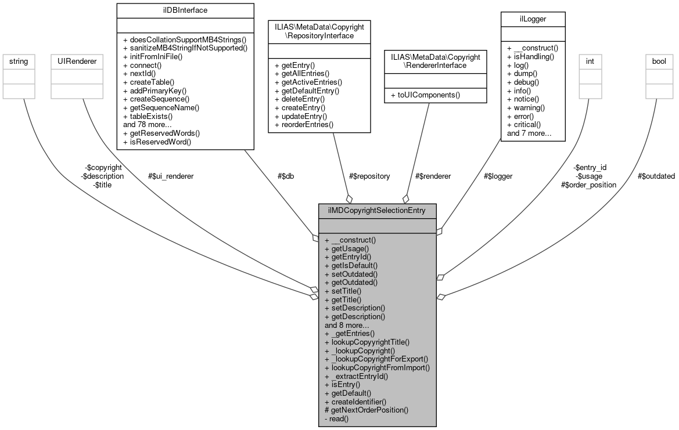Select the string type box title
coord(16,60)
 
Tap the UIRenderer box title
coord(69,60)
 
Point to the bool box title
coord(659,60)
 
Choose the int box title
coord(590,60)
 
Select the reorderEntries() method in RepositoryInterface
coord(304,124)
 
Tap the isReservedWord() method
coord(157,142)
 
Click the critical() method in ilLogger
coord(524,124)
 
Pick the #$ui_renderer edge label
coord(171,176)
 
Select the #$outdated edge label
coord(656,176)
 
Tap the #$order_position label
coord(588,185)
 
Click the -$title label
coord(102,185)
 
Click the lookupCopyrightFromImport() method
coord(377,367)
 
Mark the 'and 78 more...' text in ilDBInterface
coord(147,124)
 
